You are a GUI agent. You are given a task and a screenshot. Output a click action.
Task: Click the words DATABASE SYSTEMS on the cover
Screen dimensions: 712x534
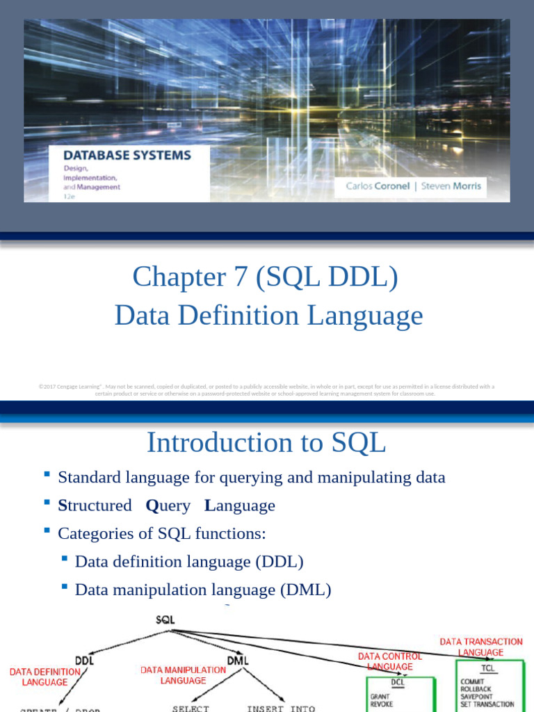[x=128, y=155]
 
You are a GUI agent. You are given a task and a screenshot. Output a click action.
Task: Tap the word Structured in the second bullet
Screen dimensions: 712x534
[x=95, y=505]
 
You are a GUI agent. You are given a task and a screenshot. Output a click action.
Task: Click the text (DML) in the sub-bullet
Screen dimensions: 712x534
[x=305, y=590]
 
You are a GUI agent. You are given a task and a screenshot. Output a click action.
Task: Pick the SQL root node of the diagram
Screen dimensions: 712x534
[x=165, y=620]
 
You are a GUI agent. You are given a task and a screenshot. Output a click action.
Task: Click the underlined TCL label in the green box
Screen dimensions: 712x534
[x=488, y=668]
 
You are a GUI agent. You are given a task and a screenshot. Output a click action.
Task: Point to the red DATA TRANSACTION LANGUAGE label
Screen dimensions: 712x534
[x=481, y=647]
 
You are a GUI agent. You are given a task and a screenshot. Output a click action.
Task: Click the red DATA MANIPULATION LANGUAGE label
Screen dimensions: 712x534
[x=184, y=675]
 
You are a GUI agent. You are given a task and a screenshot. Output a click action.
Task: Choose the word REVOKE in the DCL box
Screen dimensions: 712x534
[x=381, y=704]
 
